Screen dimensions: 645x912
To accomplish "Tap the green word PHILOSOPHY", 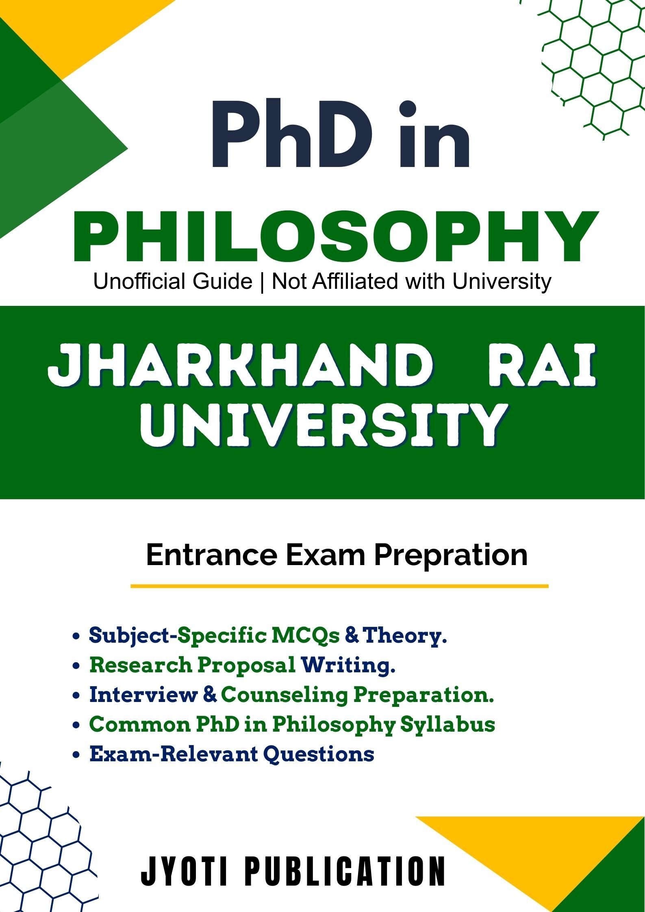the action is point(336,237).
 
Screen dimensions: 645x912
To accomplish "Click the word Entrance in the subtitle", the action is point(211,555).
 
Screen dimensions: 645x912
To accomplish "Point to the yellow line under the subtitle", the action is point(339,586).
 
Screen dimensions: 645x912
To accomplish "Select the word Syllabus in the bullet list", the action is point(447,725).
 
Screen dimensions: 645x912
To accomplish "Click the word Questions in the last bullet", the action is point(319,754).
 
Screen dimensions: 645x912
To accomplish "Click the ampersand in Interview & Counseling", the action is point(209,695).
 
